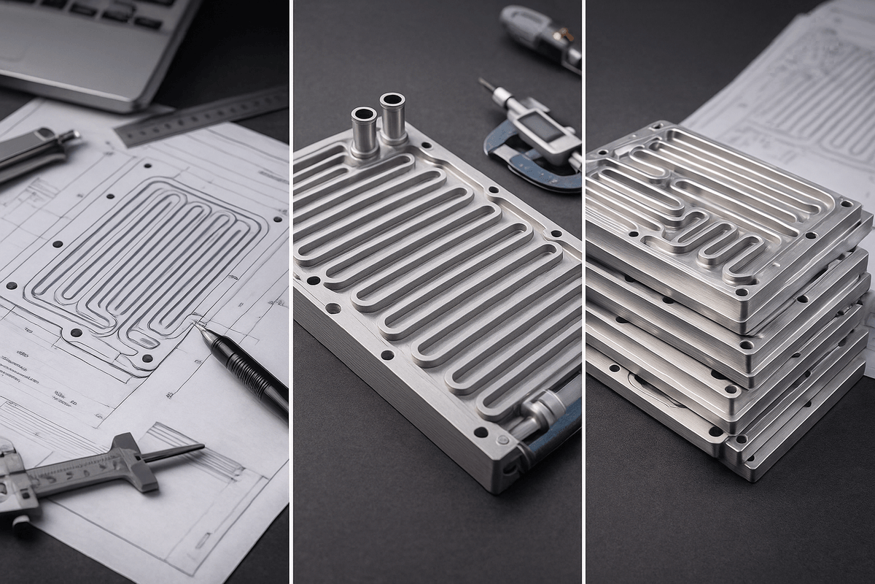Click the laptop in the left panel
point(95,44)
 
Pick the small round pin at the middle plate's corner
point(502,440)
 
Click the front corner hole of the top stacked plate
point(741,292)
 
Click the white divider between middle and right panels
point(583,292)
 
